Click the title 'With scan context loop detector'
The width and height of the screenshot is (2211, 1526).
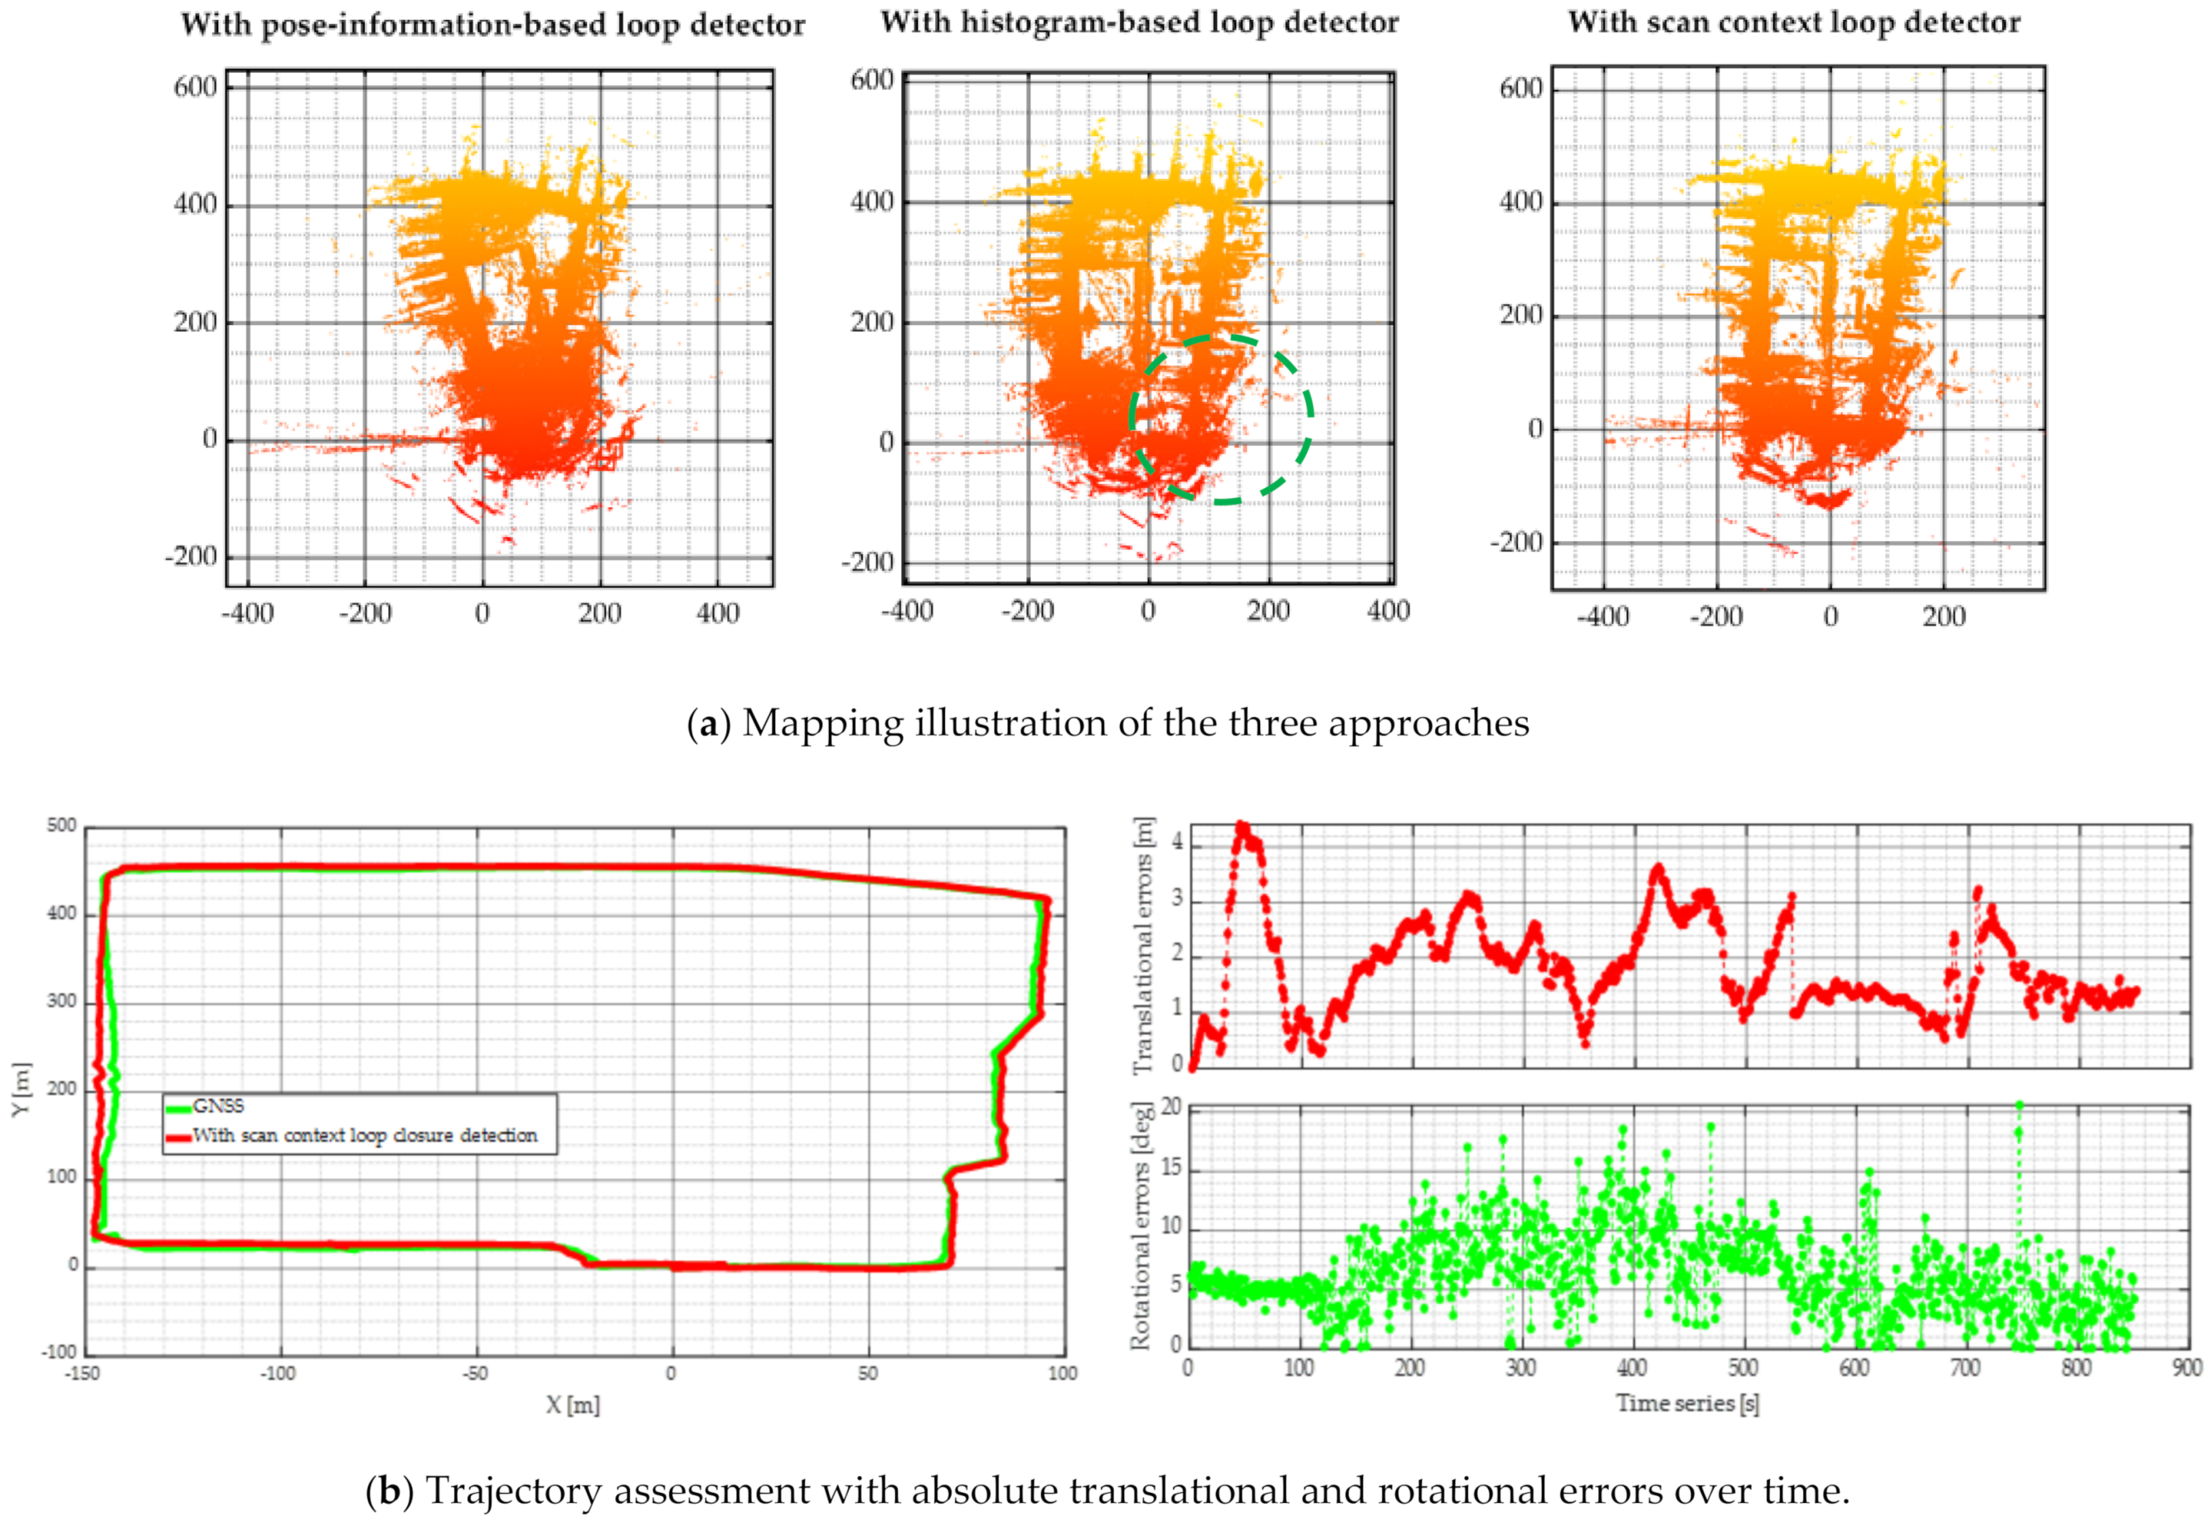pos(1794,23)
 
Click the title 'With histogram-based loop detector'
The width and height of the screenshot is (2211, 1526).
pos(1139,23)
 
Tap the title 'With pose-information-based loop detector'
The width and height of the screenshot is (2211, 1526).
pos(492,25)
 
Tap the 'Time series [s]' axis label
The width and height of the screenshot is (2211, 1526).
pos(1687,1402)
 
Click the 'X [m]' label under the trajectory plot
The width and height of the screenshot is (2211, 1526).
pos(573,1405)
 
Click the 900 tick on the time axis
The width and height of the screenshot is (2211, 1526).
pos(2187,1369)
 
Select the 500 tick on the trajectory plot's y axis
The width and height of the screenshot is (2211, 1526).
pos(61,826)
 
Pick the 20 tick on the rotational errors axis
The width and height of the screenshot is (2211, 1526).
pos(1171,1108)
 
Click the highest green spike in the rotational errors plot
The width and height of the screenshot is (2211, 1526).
pos(2019,1107)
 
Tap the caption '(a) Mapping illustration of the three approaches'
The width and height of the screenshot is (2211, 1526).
pos(1108,723)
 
